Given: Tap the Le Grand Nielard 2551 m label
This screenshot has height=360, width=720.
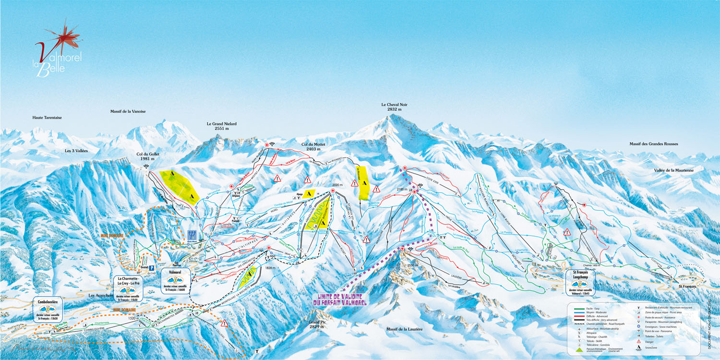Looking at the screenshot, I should coord(221,126).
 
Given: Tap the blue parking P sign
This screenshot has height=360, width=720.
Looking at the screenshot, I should coord(152,268).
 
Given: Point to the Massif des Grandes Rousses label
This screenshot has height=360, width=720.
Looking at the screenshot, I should coord(658,144).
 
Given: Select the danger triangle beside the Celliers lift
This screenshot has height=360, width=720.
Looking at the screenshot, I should coord(224,323).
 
